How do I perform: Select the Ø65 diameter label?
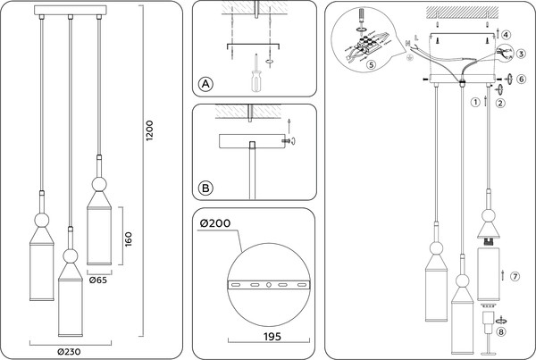(99, 280)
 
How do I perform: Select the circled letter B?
(205, 188)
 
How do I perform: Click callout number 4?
(506, 36)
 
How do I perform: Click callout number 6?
(521, 79)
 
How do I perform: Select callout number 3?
(520, 54)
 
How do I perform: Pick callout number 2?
(499, 102)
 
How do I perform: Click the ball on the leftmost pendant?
(41, 220)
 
